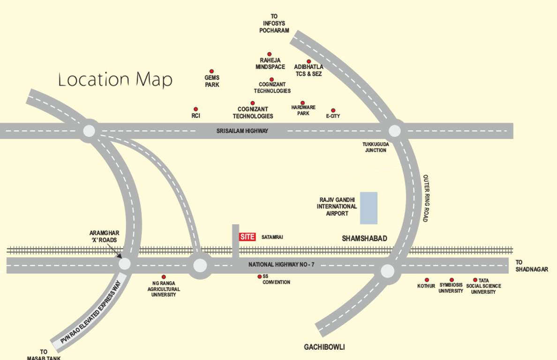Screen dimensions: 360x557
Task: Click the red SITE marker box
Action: coord(247,237)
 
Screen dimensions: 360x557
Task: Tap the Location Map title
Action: coord(115,80)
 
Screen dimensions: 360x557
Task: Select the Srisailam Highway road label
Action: coord(242,131)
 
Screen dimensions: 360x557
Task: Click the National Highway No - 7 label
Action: coord(281,265)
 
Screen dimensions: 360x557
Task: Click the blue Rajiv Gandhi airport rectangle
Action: coord(369,208)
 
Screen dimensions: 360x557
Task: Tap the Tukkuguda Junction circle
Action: coord(395,130)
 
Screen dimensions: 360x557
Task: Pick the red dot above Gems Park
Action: coord(211,71)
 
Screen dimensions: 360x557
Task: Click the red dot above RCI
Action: coord(196,109)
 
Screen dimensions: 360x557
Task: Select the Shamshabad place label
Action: coord(365,239)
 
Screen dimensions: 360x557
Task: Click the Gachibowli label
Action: coord(324,347)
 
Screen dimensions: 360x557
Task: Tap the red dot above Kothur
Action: coord(427,280)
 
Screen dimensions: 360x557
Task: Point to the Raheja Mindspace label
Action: coord(270,64)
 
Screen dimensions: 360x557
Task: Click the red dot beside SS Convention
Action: coord(259,277)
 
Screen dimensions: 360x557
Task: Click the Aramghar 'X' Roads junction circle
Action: coord(125,264)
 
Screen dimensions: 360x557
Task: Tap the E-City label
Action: coord(333,116)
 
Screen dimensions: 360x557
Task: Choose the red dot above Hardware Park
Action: coord(302,103)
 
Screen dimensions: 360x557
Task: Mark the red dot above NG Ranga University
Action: coord(164,277)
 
